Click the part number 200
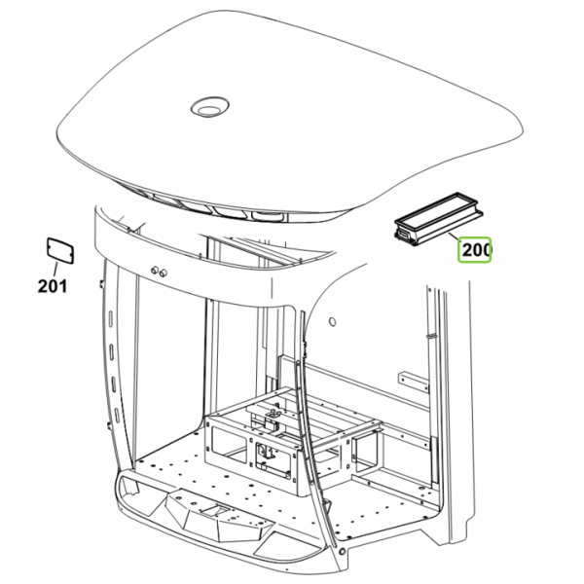point(476,249)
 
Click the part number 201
point(53,286)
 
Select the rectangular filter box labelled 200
point(438,219)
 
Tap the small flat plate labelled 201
point(60,251)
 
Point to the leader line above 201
point(55,271)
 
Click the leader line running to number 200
point(456,237)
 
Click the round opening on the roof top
point(209,107)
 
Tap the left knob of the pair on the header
point(155,270)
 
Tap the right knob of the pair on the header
point(163,273)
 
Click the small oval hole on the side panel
point(333,321)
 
